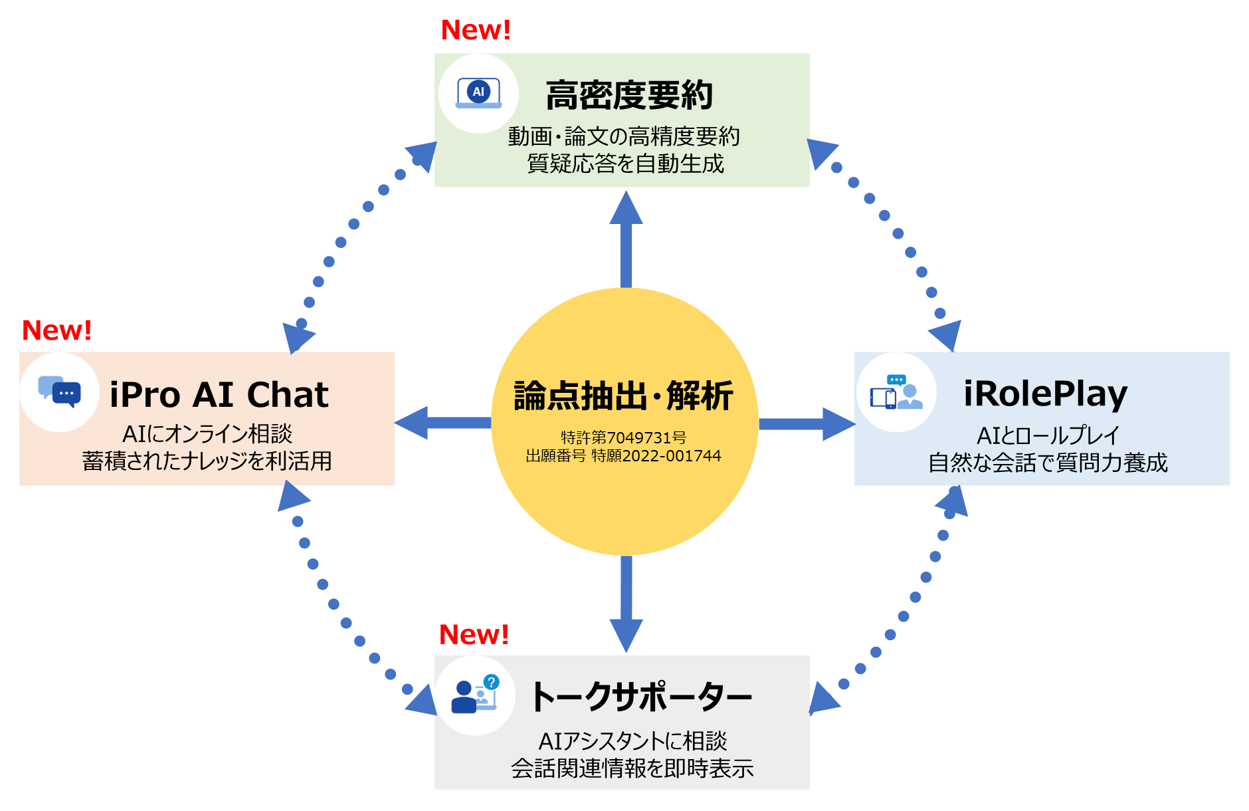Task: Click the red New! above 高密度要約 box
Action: tap(476, 30)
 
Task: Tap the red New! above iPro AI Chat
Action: tap(56, 330)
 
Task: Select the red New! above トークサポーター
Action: tap(474, 635)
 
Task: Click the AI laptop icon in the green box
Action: tap(478, 94)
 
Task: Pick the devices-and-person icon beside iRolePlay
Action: tap(896, 392)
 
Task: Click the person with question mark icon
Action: tap(474, 695)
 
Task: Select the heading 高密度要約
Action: tap(628, 95)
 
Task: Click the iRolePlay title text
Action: tap(1045, 394)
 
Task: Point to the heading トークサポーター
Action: tap(640, 697)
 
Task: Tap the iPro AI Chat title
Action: tap(219, 395)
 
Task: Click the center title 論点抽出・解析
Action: tap(623, 396)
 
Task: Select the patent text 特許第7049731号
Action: tap(623, 437)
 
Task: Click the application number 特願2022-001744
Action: tap(656, 456)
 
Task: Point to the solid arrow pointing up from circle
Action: tap(626, 239)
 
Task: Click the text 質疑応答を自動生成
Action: tap(624, 164)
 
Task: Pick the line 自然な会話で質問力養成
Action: tap(1047, 463)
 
